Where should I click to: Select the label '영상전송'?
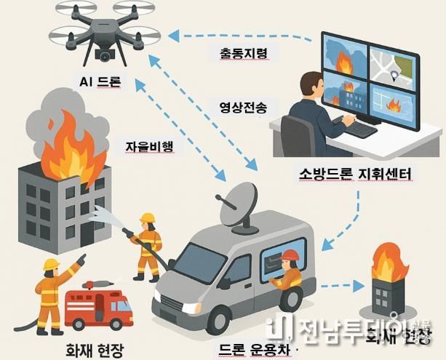(x=243, y=106)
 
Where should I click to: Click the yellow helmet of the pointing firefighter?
(x=52, y=263)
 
